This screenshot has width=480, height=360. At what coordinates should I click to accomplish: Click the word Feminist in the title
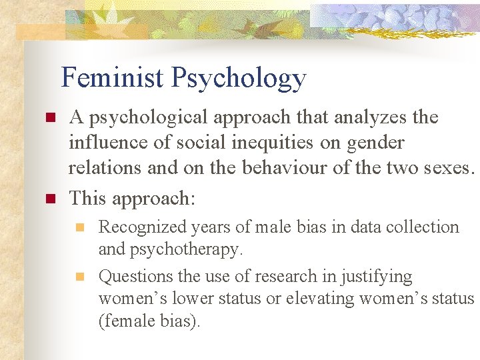click(x=113, y=78)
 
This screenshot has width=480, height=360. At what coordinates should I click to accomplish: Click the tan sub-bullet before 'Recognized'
click(x=80, y=227)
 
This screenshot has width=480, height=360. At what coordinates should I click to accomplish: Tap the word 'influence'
click(x=104, y=143)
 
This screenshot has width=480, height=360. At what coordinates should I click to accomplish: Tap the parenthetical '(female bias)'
click(x=149, y=322)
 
